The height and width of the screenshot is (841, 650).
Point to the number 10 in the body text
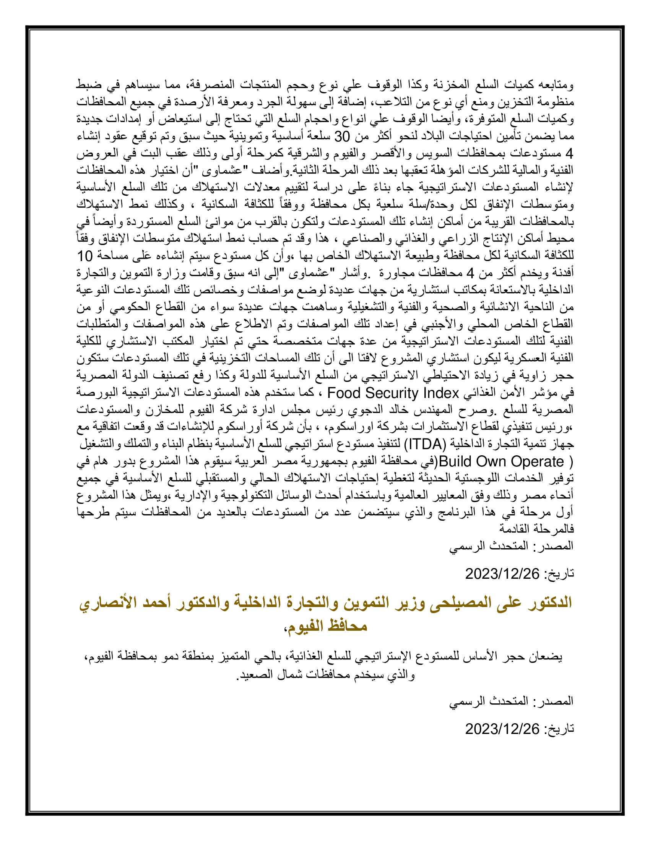tap(85, 256)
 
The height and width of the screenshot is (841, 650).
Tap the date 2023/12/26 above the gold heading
tap(502, 574)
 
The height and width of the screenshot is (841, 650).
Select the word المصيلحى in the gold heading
tap(458, 602)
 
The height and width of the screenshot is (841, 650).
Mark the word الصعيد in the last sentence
tap(253, 675)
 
